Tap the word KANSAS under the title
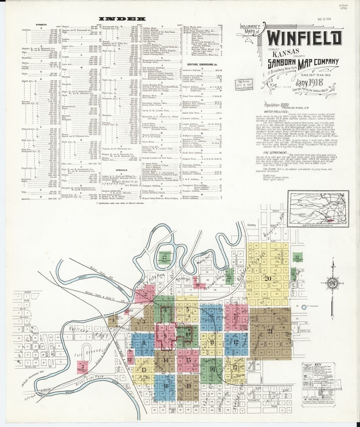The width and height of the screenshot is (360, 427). (282, 54)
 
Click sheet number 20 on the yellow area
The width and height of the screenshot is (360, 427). (268, 278)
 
